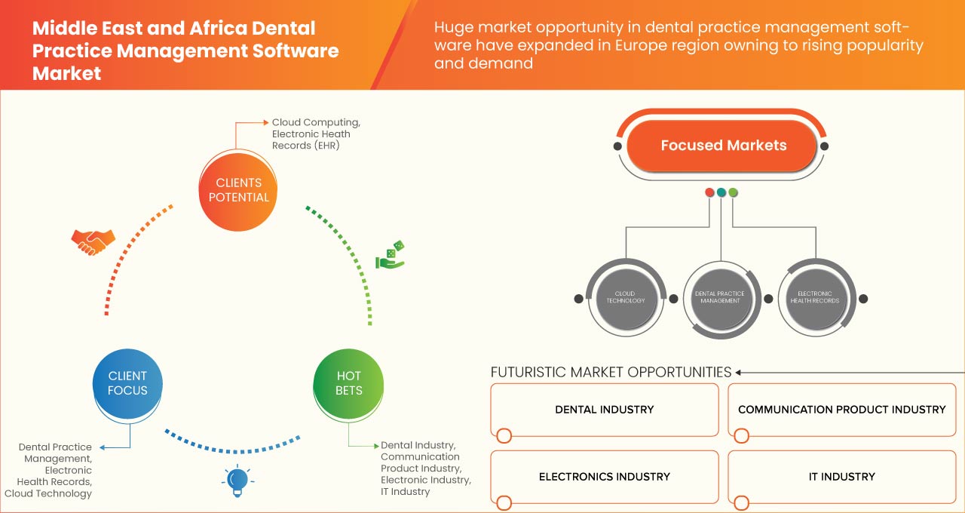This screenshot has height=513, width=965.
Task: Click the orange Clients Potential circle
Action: [x=237, y=190]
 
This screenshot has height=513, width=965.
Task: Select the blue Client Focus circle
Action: [x=127, y=383]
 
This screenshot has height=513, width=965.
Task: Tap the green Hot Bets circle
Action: [x=348, y=383]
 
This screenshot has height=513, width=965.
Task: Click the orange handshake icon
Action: [x=93, y=241]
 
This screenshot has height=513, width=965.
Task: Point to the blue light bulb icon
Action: [x=237, y=480]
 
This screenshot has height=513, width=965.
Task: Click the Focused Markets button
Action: [x=723, y=146]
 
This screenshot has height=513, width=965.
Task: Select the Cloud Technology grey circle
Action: [x=626, y=297]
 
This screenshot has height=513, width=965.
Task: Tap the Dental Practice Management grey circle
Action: [x=719, y=297]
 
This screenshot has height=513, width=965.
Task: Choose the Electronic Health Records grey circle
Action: [x=814, y=297]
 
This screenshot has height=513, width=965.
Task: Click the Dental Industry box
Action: [x=605, y=410]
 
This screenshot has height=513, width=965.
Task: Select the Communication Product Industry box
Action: [x=841, y=410]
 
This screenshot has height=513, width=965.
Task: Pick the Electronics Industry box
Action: [x=605, y=477]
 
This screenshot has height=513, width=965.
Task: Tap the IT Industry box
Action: [x=841, y=477]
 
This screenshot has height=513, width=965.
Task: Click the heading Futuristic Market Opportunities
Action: [x=611, y=372]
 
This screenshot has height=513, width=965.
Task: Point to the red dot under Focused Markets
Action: [x=709, y=192]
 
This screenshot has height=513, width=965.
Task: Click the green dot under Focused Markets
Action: [x=733, y=192]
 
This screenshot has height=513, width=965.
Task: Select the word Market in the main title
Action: [x=66, y=74]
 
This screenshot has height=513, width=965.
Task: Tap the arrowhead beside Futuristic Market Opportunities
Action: [x=739, y=372]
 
